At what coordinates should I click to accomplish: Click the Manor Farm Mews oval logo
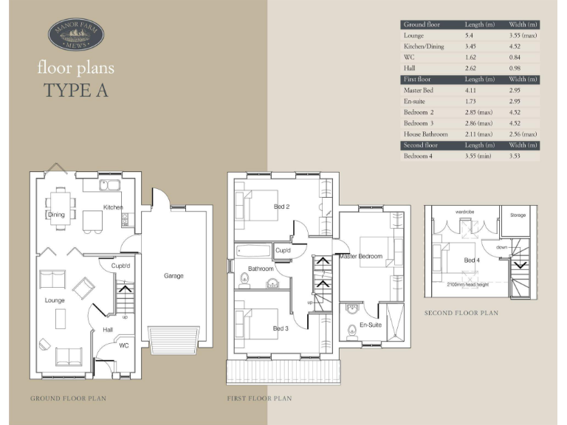(76, 35)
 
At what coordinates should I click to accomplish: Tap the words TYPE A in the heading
(76, 90)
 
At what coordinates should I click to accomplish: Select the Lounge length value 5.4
(469, 35)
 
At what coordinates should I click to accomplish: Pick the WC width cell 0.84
(515, 57)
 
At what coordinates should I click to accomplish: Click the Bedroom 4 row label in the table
(418, 156)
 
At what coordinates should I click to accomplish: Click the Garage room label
(173, 276)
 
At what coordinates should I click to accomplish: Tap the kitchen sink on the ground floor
(109, 185)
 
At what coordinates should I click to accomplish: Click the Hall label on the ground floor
(108, 330)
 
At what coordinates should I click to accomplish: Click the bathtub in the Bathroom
(253, 251)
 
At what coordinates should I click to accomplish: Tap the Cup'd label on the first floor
(283, 250)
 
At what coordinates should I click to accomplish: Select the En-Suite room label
(371, 325)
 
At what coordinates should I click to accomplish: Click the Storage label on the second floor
(518, 215)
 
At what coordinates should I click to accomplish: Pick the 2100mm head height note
(467, 284)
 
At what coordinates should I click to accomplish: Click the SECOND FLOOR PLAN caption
(461, 313)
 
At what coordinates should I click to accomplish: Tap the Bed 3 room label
(281, 328)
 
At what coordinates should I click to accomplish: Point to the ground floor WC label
(124, 345)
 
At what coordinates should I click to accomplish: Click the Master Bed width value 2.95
(515, 90)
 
